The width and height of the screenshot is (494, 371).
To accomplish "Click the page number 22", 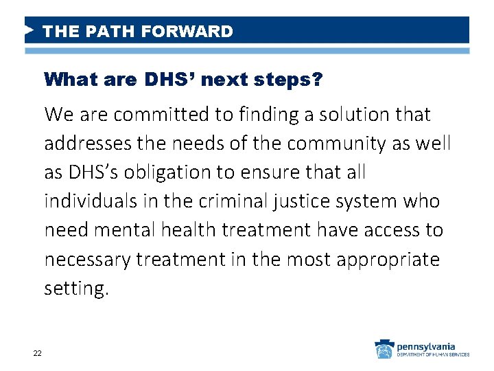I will [x=37, y=353].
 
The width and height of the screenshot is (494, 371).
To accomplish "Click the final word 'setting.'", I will [x=76, y=289].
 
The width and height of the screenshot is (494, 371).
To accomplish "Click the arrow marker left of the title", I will [x=29, y=31].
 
